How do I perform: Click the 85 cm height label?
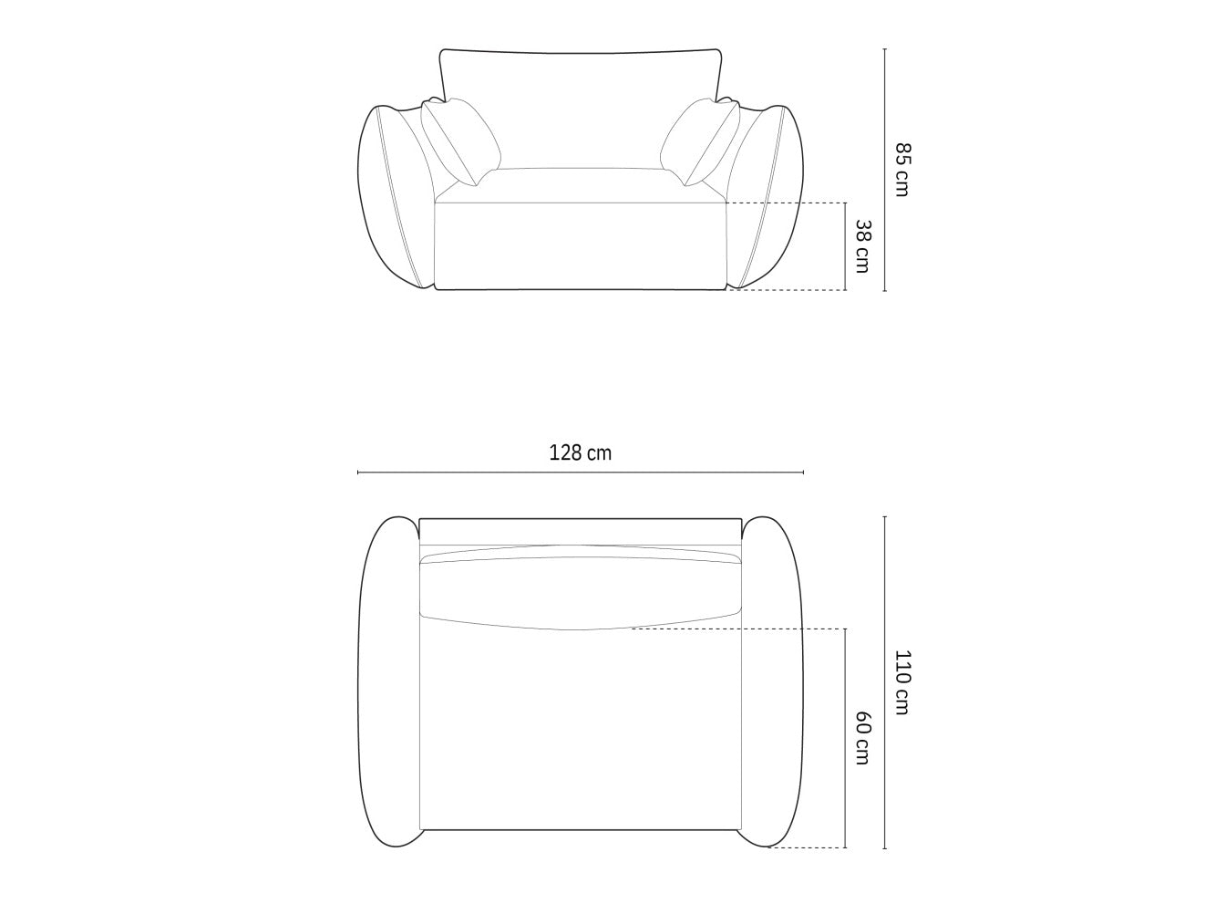[x=902, y=170]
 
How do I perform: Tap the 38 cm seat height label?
[x=863, y=246]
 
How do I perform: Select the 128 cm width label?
[x=581, y=453]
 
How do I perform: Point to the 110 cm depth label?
[x=902, y=682]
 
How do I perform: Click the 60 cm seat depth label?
[x=863, y=738]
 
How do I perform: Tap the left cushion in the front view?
[x=460, y=141]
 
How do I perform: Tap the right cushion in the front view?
[x=701, y=141]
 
